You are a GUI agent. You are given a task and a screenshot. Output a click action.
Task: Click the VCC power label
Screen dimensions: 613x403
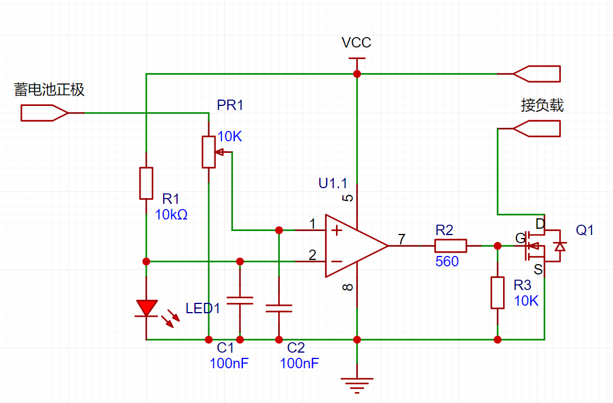[x=356, y=42]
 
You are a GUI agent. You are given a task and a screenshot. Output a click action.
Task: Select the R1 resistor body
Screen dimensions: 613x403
[x=146, y=183]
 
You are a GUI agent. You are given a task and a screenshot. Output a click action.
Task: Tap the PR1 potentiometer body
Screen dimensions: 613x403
[x=208, y=152]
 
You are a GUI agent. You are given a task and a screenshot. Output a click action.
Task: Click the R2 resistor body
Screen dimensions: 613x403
[x=450, y=246]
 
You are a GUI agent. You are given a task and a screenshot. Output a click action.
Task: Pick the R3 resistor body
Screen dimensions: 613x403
[x=497, y=292]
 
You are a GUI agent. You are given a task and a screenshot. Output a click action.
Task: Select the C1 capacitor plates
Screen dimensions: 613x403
[x=239, y=301]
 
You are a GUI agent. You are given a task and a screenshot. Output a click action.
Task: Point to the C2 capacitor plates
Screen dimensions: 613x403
[x=279, y=308]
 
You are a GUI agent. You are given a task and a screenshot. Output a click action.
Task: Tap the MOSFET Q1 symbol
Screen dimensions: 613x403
[x=544, y=246]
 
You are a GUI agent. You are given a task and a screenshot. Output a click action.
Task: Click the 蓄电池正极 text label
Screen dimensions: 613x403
[x=49, y=90]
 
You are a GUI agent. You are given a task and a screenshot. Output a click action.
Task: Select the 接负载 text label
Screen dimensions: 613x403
[x=542, y=105]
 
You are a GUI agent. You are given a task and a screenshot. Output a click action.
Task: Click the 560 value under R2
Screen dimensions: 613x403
[x=447, y=261]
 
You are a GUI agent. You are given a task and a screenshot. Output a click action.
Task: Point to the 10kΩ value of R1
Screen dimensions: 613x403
[x=171, y=214]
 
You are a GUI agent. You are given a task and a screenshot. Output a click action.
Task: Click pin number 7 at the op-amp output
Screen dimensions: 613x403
[x=401, y=239]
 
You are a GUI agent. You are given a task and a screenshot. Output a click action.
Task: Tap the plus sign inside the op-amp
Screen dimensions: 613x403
[x=336, y=230]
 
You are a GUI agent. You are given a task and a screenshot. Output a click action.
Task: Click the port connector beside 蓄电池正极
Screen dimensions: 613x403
[x=45, y=113]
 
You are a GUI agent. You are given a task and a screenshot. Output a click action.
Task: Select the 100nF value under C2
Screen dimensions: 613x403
[x=299, y=364]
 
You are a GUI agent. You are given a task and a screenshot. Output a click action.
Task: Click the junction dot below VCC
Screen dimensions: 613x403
[x=357, y=74]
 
